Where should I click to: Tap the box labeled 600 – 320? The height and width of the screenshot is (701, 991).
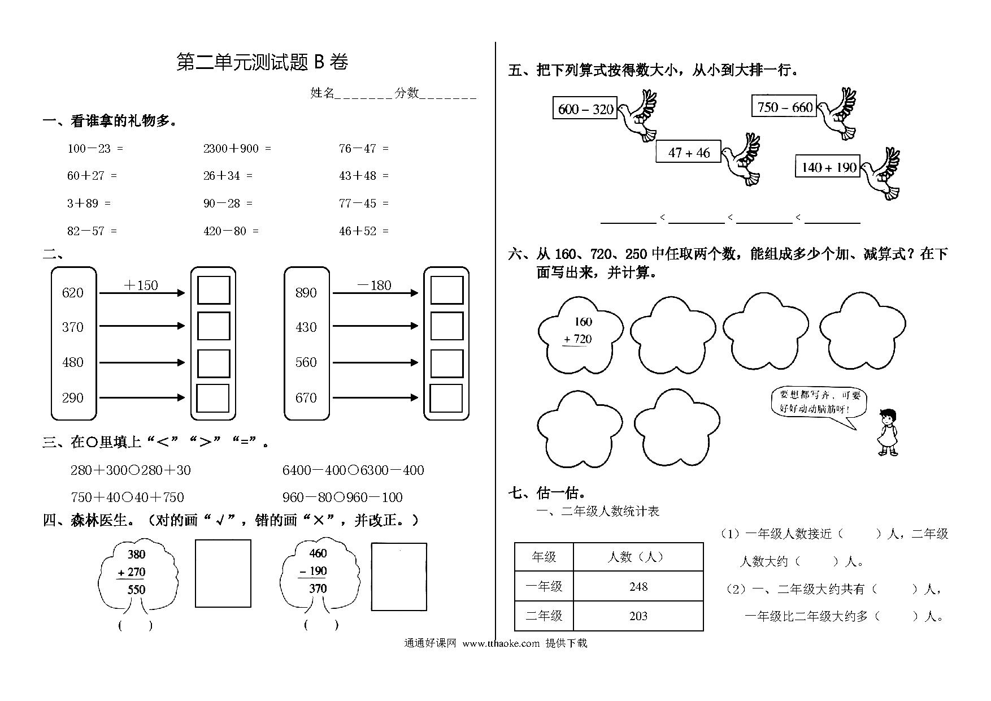[x=585, y=108]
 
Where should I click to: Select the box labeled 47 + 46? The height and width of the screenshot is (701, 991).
[x=689, y=152]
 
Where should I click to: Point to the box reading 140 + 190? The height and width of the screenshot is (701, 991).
[x=828, y=166]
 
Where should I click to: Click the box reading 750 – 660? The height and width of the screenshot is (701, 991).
[x=784, y=106]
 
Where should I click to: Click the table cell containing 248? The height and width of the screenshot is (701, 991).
[x=638, y=586]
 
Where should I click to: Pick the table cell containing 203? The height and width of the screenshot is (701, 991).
[x=638, y=616]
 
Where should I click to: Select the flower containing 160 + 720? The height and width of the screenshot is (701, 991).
[x=580, y=335]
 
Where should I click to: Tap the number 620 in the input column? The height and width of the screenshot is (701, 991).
[x=73, y=293]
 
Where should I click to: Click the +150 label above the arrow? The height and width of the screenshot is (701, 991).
[x=141, y=285]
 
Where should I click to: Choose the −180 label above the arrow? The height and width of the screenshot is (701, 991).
[x=374, y=285]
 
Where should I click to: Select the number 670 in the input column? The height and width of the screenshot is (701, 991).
[x=306, y=398]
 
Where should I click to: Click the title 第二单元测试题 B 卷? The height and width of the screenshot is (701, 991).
[x=262, y=62]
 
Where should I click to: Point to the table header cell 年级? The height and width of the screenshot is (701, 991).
[x=544, y=557]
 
